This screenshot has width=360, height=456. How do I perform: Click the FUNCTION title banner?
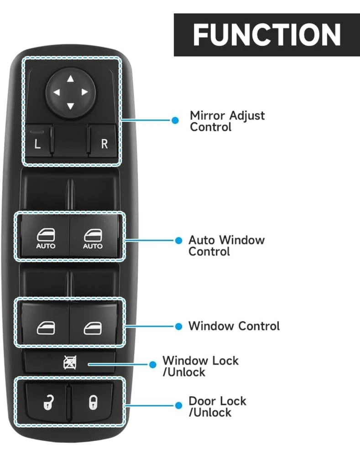coord(266,35)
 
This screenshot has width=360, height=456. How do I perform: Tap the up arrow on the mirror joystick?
coord(70,79)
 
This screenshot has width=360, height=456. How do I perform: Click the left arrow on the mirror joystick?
coord(57,93)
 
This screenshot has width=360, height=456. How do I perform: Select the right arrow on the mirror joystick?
coord(84,93)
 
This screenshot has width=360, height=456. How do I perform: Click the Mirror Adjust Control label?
coord(227,121)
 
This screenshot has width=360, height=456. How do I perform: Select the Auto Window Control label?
coord(226,245)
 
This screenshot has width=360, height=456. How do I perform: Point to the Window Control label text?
coord(234,326)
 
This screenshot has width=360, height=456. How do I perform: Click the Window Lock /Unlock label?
coord(200,366)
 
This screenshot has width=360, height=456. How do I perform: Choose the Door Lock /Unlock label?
coord(217,407)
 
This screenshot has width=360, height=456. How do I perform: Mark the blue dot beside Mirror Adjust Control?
coord(174,120)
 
